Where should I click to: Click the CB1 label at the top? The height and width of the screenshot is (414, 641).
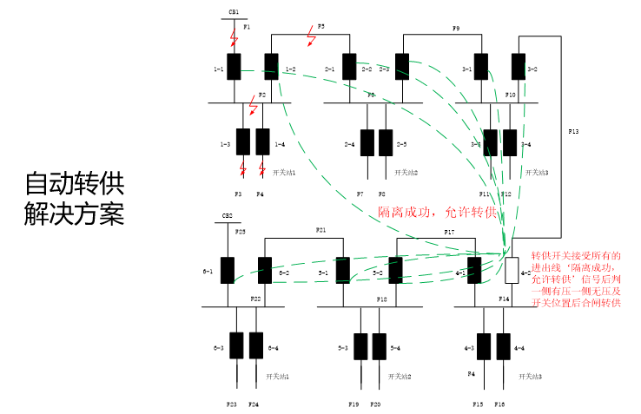point(234,12)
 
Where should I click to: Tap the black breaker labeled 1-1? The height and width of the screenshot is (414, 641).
point(234,67)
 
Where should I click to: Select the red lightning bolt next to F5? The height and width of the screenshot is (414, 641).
point(311,37)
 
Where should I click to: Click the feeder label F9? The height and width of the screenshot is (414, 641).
point(456,29)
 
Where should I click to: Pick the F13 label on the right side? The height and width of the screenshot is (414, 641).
point(573,131)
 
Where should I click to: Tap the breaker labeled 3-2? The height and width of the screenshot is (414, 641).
point(519,67)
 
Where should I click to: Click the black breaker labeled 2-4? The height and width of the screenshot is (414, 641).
point(367,142)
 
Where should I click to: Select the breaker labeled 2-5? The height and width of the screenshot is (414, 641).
point(385,142)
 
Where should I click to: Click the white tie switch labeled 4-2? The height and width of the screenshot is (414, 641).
point(512,271)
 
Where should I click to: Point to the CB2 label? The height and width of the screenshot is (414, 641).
point(228,214)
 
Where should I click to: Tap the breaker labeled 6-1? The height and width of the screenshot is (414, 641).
point(228,270)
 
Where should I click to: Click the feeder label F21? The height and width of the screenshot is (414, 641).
point(320,230)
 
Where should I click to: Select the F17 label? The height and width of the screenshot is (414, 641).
point(449,233)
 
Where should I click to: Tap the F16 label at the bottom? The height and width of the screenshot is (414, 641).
point(500,404)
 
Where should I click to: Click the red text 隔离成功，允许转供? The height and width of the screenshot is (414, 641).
point(436,212)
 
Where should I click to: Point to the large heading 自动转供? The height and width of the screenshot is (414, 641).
point(75,183)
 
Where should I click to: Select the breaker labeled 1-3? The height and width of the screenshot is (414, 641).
point(243,142)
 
